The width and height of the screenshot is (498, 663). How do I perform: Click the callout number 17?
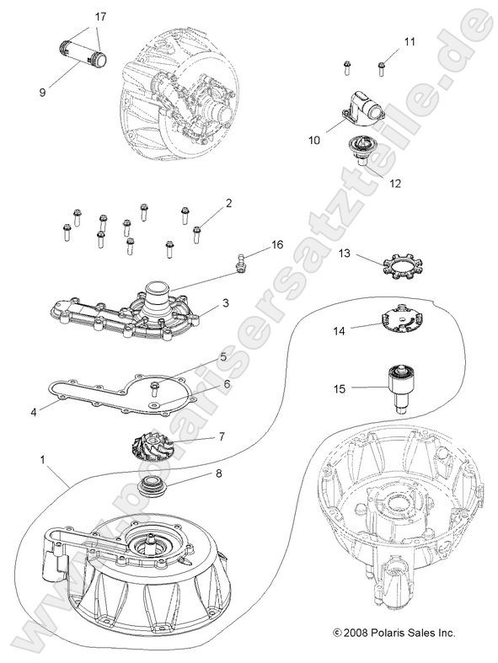click(101, 17)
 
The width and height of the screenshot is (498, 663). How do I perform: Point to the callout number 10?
click(313, 141)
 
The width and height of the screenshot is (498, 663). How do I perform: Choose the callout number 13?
click(345, 253)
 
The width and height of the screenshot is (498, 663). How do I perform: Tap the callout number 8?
click(219, 473)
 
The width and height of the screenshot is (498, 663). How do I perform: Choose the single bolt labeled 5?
click(156, 388)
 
